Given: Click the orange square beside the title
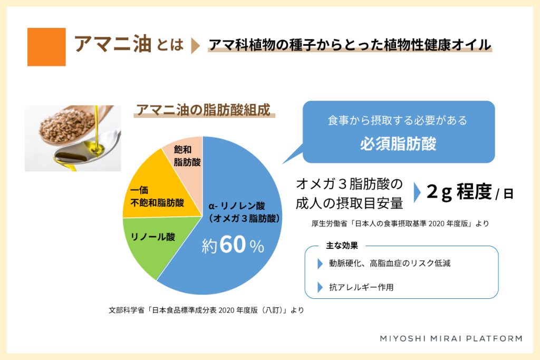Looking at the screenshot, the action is (x=46, y=47).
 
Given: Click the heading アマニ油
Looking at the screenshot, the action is (x=113, y=44).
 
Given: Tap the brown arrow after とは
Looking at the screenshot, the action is (x=195, y=46).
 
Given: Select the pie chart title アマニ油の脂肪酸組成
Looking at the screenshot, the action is (x=204, y=110).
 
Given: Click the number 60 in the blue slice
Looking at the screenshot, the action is (x=233, y=245).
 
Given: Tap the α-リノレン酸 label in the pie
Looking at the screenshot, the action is (x=237, y=206).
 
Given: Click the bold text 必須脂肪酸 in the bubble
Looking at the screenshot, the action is (x=399, y=144).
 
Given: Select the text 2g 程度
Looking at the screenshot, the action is (x=459, y=192).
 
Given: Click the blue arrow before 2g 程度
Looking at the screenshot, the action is (x=417, y=192).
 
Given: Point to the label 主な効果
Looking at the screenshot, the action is (x=342, y=246).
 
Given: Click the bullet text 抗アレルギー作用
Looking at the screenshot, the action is (x=361, y=287).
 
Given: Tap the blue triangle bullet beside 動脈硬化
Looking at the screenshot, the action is (x=320, y=264).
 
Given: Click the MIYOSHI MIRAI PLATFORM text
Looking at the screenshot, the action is (x=451, y=339).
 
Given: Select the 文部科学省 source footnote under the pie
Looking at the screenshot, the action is (x=206, y=310).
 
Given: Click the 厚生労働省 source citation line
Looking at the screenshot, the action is (x=400, y=223).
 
